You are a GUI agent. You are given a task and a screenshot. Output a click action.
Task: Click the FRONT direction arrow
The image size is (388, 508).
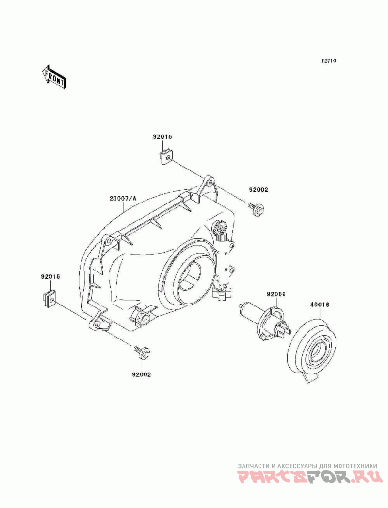[54, 76]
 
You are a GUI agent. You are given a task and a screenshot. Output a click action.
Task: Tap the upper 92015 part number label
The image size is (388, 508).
[162, 137]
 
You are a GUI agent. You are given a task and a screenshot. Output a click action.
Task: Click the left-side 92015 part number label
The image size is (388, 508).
[50, 277]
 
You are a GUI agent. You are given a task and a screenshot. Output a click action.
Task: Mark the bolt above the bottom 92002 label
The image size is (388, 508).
[142, 353]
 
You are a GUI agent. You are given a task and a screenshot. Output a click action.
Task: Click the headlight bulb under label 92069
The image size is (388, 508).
[264, 319]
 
